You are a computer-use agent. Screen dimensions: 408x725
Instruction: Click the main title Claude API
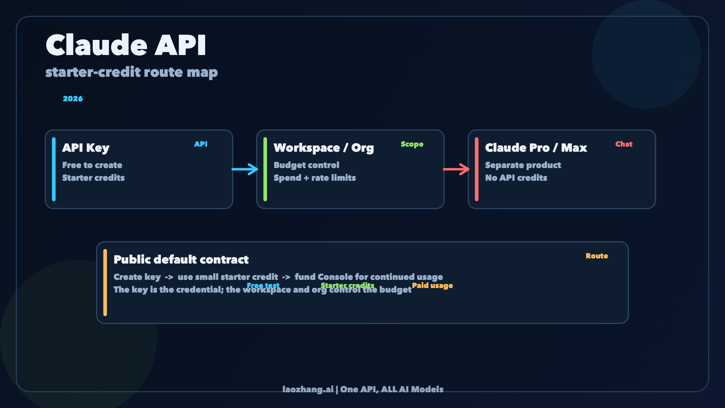126,45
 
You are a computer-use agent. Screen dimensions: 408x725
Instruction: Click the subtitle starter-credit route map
131,73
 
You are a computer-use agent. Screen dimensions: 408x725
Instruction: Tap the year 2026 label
73,99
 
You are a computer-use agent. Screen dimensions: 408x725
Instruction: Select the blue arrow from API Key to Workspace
245,169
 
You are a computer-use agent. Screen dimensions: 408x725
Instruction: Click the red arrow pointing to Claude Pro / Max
456,169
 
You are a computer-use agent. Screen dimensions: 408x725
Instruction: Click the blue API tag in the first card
201,144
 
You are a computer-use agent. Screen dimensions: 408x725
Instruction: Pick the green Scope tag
412,144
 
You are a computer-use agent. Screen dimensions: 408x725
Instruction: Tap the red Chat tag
624,144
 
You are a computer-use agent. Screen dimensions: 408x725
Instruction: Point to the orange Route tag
597,256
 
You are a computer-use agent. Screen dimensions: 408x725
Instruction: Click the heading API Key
86,148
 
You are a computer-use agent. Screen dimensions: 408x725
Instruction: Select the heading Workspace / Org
324,148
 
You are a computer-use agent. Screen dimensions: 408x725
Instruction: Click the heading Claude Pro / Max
536,148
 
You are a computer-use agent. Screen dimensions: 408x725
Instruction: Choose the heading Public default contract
181,260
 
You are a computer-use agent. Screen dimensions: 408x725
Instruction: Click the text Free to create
92,165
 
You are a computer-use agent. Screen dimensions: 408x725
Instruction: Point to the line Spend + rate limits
314,178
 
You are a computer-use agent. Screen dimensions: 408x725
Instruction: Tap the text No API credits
516,178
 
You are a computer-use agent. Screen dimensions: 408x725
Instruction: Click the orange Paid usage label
432,286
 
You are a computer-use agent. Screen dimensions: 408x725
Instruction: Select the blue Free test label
263,285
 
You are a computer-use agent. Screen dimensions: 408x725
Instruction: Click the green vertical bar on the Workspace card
265,169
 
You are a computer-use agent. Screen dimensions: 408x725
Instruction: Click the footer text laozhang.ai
308,389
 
